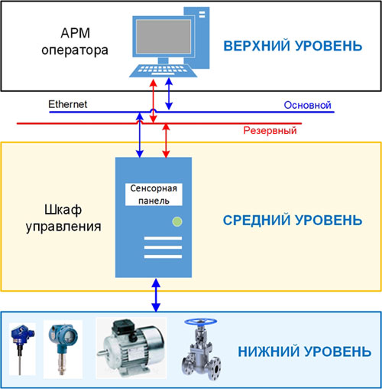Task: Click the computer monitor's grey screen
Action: pos(163,36)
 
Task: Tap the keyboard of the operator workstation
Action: pos(163,70)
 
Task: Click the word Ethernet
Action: pos(68,104)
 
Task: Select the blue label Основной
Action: pos(307,105)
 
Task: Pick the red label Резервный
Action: pos(270,130)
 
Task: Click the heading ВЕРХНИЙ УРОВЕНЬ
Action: pos(293,46)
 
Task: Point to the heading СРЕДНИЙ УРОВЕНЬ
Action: pos(293,220)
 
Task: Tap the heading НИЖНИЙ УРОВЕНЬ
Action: pos(304,351)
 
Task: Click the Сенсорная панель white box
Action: pos(154,194)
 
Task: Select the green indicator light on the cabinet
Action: pos(177,221)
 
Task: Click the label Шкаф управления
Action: pos(63,218)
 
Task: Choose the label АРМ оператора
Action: pos(75,41)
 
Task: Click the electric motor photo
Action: pos(131,348)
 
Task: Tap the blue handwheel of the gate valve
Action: pos(201,322)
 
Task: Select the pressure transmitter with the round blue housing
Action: pos(63,349)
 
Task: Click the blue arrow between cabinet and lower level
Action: pos(156,295)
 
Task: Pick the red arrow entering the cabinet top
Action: pos(166,140)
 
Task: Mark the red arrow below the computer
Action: pos(153,101)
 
